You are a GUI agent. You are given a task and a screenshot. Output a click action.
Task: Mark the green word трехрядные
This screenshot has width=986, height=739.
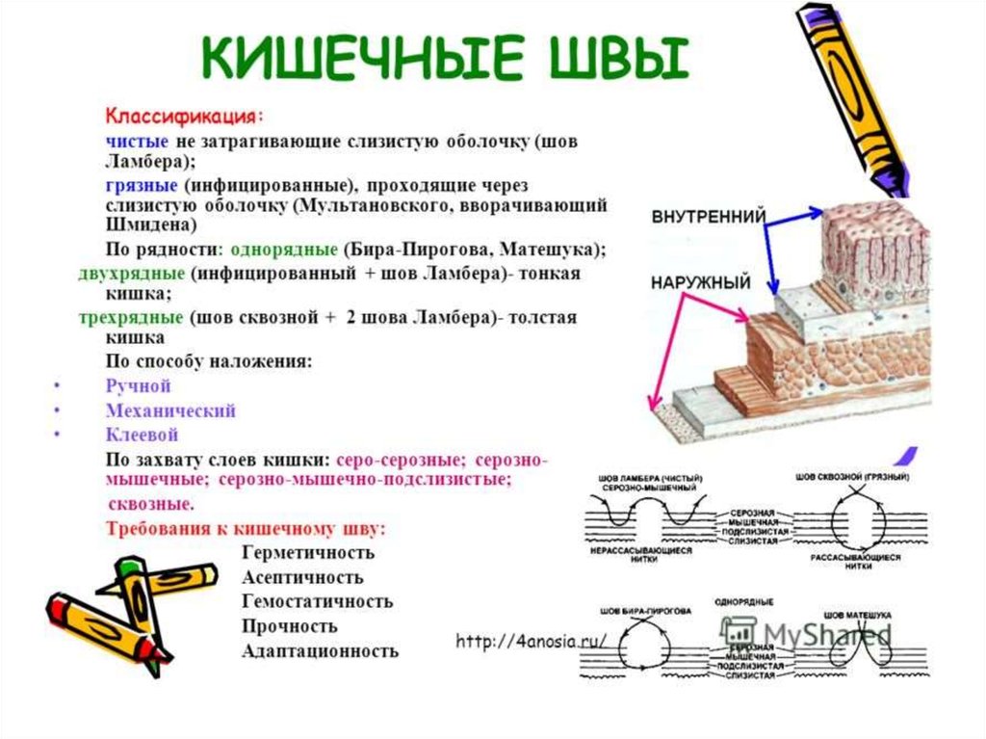click(130, 318)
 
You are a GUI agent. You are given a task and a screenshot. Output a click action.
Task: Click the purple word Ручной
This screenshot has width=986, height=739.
click(138, 386)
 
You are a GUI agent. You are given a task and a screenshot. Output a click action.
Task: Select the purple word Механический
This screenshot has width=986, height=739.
click(170, 410)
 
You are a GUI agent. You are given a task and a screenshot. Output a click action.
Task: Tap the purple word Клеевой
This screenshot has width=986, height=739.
click(142, 435)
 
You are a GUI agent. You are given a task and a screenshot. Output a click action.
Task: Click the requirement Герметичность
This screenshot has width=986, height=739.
click(308, 553)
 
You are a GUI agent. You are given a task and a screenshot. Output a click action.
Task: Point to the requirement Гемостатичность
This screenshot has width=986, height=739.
click(318, 601)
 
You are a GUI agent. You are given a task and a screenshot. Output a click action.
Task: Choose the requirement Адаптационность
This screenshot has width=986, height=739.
click(321, 650)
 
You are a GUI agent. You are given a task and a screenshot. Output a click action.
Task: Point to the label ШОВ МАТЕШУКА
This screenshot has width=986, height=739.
click(856, 614)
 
